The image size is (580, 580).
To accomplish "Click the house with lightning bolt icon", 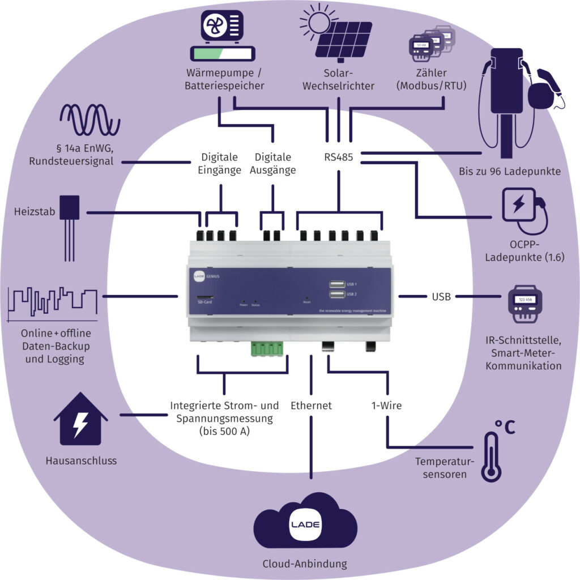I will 80,420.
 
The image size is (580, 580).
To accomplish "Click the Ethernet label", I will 311,406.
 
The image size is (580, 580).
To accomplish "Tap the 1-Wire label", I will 386,406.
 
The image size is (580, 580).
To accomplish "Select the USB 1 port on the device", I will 335,284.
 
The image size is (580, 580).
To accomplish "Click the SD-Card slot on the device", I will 204,297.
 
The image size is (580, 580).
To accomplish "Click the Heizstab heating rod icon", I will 70,227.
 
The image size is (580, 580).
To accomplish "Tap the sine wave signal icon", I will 91,120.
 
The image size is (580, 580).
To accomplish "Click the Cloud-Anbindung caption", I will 305,564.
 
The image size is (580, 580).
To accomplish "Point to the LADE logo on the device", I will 194,276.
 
